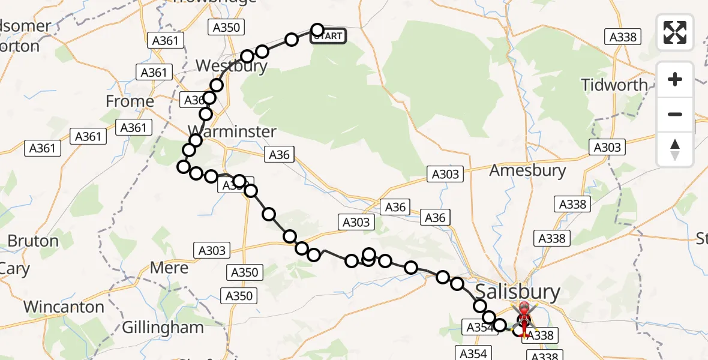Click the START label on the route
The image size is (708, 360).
coord(328,36)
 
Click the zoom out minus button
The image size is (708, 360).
coord(675,114)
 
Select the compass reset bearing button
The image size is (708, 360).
coord(675,149)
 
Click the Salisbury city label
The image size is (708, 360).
coord(518,292)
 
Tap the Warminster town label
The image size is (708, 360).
coord(232,131)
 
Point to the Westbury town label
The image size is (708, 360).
coord(231,65)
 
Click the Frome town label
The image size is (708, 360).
coord(130,101)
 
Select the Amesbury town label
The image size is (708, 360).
coord(527,170)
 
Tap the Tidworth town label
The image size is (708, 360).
coord(614,85)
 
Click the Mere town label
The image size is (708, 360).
coord(169,268)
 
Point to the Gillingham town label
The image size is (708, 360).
coord(163,328)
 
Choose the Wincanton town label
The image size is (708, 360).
coord(64,307)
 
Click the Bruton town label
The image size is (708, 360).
coord(33,241)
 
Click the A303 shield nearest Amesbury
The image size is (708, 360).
coord(445,175)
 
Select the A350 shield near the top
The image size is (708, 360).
coord(226,27)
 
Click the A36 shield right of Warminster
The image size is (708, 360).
coord(279,155)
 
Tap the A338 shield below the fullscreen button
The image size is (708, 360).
coord(623,37)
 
